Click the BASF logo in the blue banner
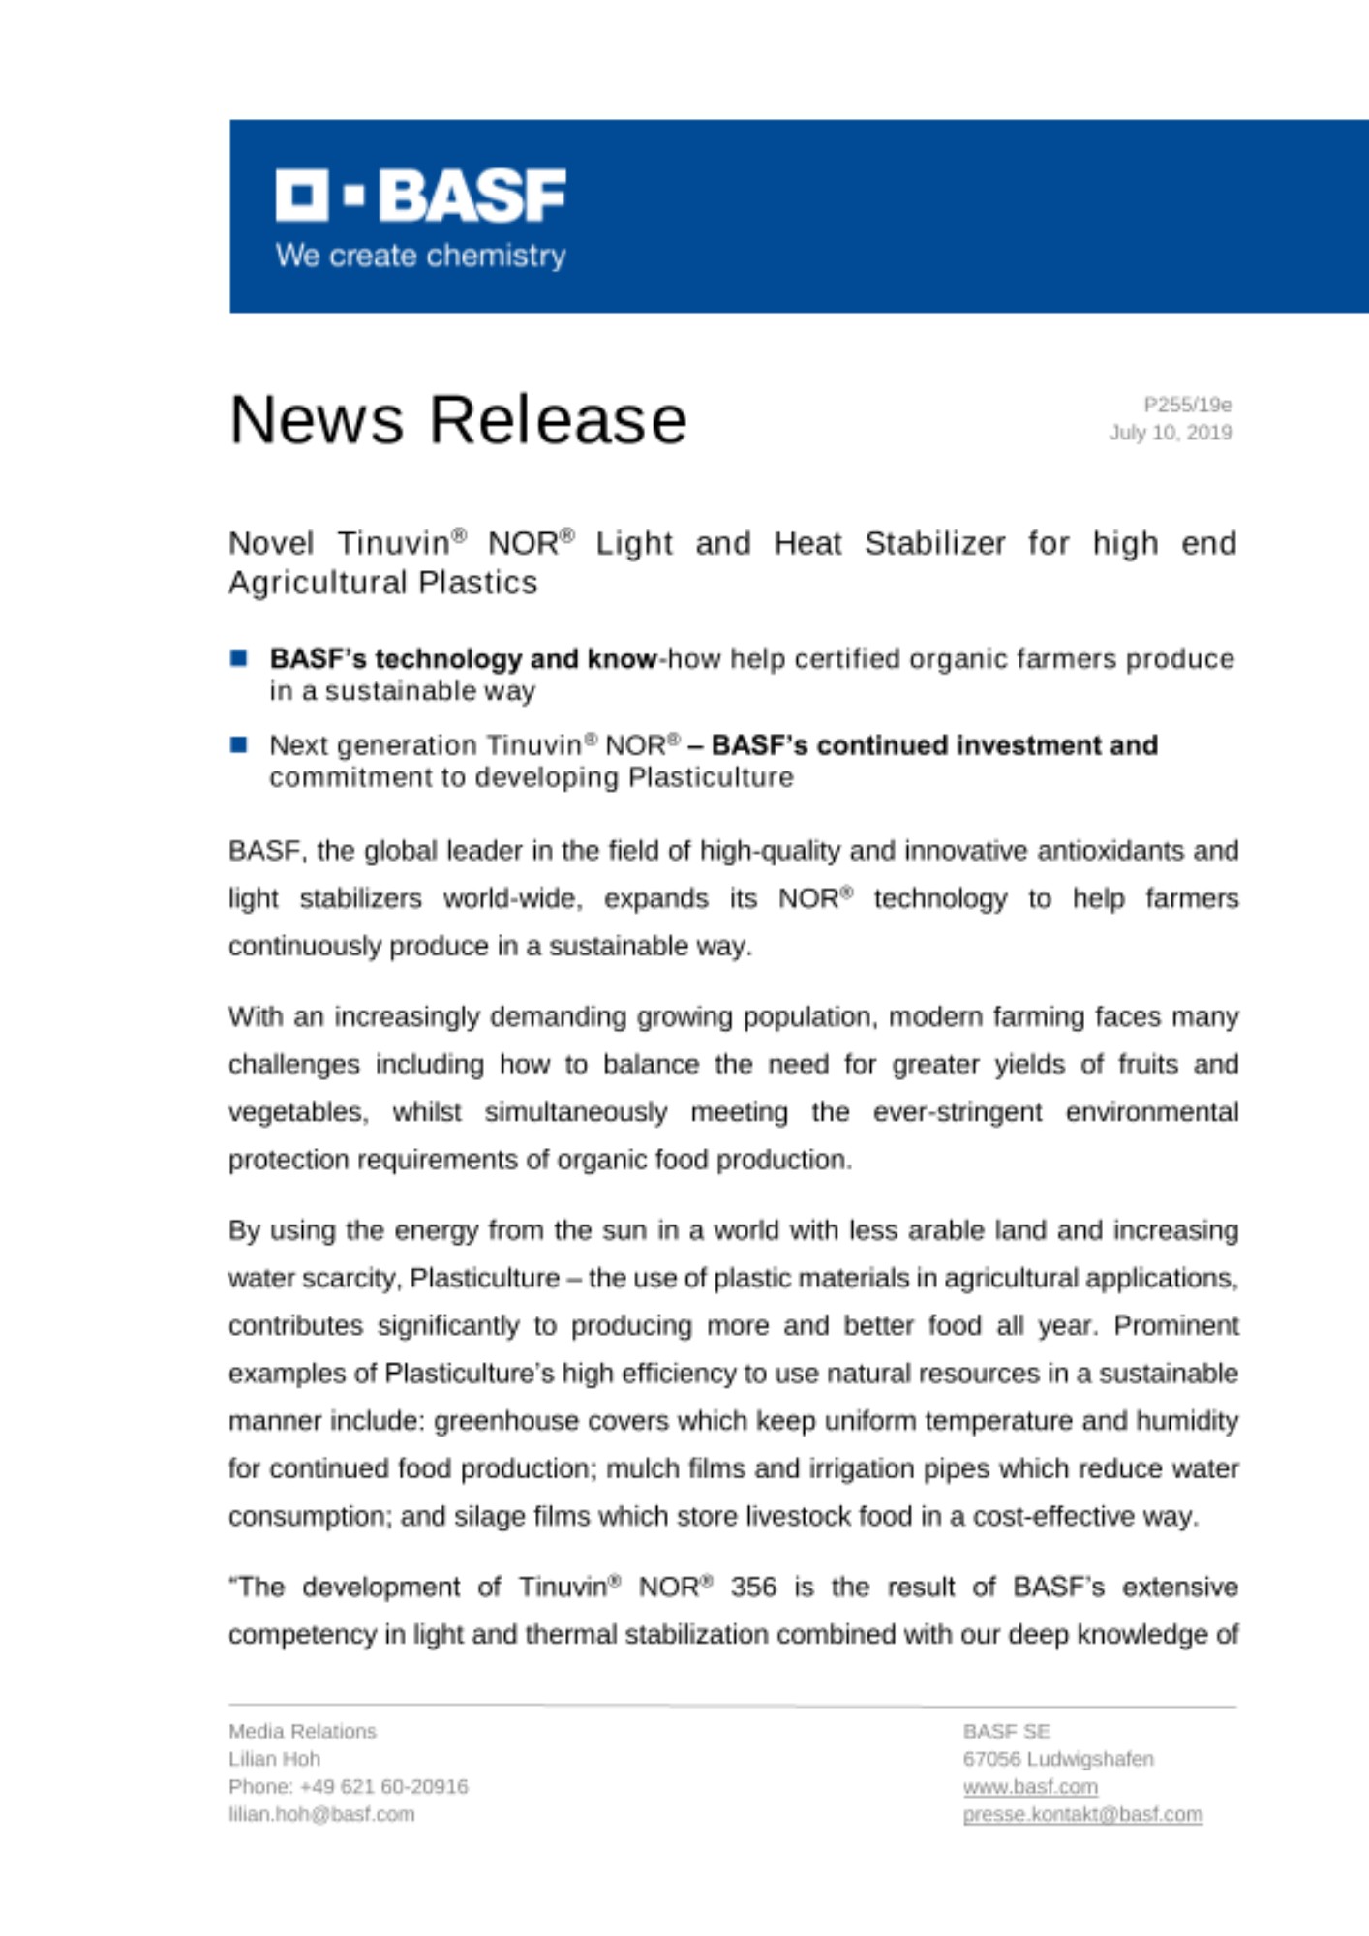click(x=420, y=196)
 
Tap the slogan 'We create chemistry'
click(x=420, y=256)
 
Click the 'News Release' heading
click(x=458, y=420)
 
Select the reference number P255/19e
click(x=1187, y=405)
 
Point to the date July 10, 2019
click(x=1171, y=433)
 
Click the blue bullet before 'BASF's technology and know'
click(x=239, y=659)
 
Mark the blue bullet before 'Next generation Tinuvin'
click(x=239, y=745)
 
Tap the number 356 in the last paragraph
click(x=753, y=1588)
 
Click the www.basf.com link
click(x=1030, y=1787)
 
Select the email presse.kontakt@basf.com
click(x=1082, y=1815)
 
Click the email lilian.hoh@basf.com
click(x=321, y=1815)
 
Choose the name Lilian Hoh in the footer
click(x=274, y=1759)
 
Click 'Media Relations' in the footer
click(x=302, y=1732)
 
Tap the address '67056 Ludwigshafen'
click(x=1058, y=1759)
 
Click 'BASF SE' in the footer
click(x=1006, y=1732)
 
